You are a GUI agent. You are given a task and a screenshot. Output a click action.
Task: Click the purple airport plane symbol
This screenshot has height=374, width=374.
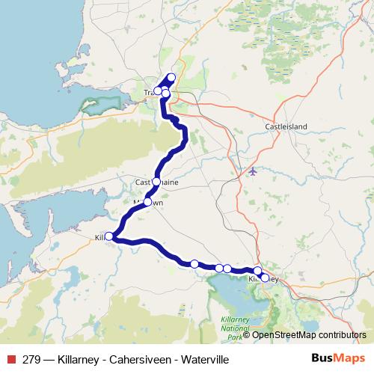252,171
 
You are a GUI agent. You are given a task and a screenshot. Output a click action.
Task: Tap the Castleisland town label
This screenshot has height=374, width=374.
286,127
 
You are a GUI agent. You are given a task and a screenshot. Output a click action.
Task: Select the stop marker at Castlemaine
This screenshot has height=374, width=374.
156,181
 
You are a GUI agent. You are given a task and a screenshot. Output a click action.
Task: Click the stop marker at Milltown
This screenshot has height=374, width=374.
147,202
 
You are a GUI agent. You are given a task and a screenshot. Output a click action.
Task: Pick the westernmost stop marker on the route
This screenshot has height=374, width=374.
108,236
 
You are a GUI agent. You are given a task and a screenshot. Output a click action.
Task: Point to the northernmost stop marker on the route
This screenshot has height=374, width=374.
171,77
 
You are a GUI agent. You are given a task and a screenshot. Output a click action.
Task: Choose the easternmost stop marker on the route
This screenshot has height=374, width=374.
265,278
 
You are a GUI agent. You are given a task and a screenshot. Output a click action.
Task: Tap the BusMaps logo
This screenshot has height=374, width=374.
339,359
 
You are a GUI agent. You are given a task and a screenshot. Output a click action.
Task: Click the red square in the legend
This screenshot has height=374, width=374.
10,360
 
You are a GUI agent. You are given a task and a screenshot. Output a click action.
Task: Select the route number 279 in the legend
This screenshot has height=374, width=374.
31,360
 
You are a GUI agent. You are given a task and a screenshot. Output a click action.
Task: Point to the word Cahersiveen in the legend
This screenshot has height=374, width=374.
138,360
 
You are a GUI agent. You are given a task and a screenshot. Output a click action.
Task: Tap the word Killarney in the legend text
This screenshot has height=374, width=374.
78,360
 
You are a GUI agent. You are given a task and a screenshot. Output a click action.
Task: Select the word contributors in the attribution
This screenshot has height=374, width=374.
343,335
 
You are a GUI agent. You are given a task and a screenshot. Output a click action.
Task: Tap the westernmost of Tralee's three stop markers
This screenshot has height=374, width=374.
157,91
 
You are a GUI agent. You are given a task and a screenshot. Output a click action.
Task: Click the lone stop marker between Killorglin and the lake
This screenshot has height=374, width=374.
194,263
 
